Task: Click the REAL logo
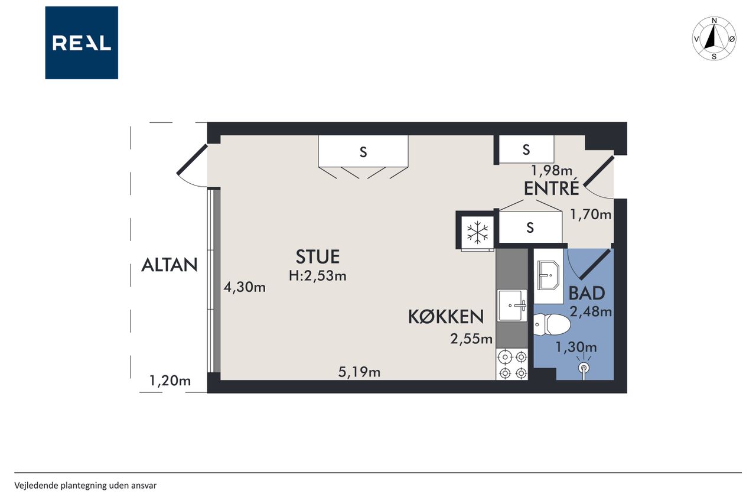[x=82, y=43]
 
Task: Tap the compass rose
[x=714, y=38]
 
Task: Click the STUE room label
[x=318, y=256]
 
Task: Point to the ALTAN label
[x=169, y=265]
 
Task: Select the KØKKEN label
[x=446, y=317]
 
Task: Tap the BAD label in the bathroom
[x=586, y=293]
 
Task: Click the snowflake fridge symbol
[x=477, y=232]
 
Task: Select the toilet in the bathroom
[x=552, y=324]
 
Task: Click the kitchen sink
[x=512, y=305]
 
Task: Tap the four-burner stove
[x=512, y=365]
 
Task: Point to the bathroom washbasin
[x=549, y=275]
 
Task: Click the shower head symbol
[x=584, y=368]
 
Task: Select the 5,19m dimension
[x=359, y=372]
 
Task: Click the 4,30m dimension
[x=245, y=287]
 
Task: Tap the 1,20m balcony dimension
[x=170, y=381]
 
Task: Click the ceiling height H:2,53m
[x=317, y=276]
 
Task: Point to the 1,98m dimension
[x=552, y=171]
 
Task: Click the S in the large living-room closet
[x=363, y=152]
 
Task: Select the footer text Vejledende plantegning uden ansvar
[x=86, y=486]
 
